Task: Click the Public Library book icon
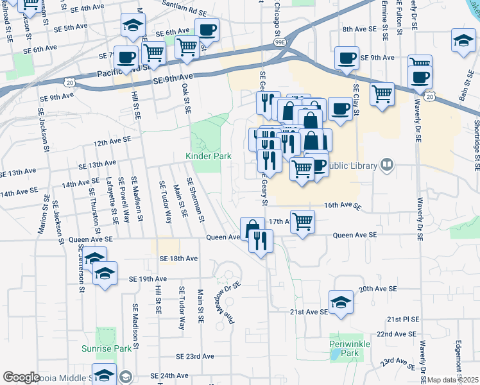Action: (386, 164)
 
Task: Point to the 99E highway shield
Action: (280, 42)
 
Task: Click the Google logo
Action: (21, 377)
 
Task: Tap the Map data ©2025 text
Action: (453, 380)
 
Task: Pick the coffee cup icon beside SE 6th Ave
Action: (207, 30)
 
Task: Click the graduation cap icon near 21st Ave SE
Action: (341, 301)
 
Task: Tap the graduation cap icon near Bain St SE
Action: (463, 40)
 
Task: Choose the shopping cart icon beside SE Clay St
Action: (382, 94)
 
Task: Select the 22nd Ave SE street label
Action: (397, 334)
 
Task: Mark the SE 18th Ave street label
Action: (178, 258)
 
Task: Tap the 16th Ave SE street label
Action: (343, 205)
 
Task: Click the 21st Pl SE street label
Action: (402, 318)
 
